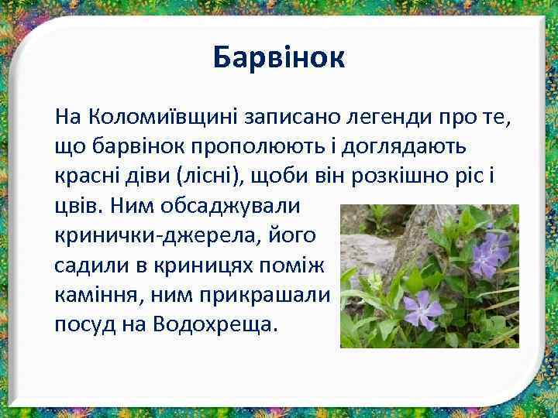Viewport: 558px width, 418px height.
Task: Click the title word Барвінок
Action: click(279, 57)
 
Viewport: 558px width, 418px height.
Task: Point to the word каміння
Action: click(91, 294)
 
